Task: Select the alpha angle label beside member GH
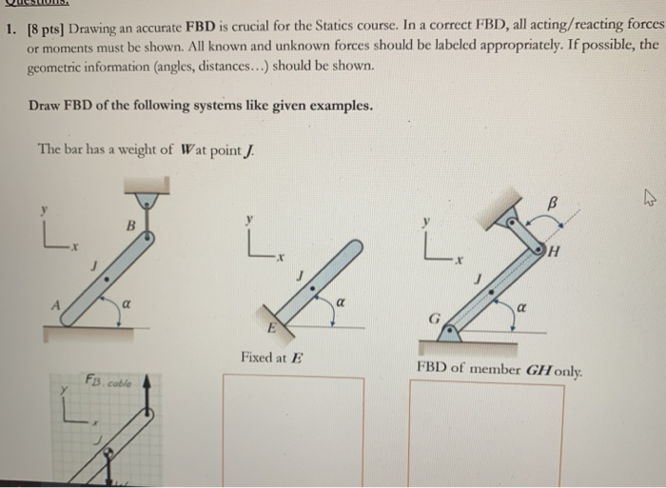coord(522,307)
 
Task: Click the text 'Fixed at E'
coord(271,358)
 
